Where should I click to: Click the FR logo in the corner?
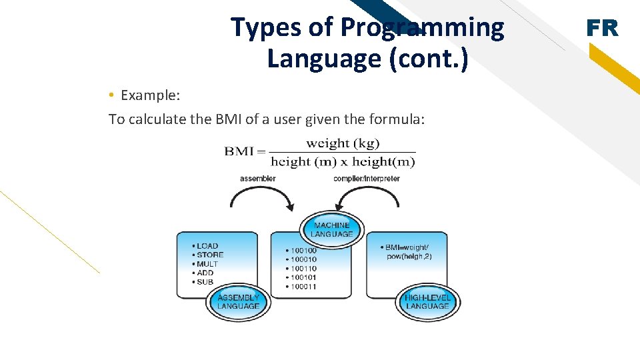tap(602, 28)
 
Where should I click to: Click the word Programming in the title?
tap(422, 27)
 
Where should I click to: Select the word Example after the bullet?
tap(150, 95)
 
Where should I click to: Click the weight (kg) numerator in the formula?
tap(343, 143)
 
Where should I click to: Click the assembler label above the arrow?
tap(258, 178)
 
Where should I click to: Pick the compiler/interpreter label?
tap(367, 178)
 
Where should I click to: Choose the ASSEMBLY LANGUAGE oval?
tap(238, 302)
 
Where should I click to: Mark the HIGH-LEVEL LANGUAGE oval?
tap(427, 302)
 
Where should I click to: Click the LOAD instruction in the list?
tap(207, 246)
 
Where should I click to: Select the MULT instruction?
tap(207, 264)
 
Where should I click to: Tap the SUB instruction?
tap(205, 282)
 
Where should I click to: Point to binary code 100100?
tap(303, 251)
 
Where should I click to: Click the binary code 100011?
tap(303, 287)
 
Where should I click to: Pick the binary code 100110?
tap(303, 269)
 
